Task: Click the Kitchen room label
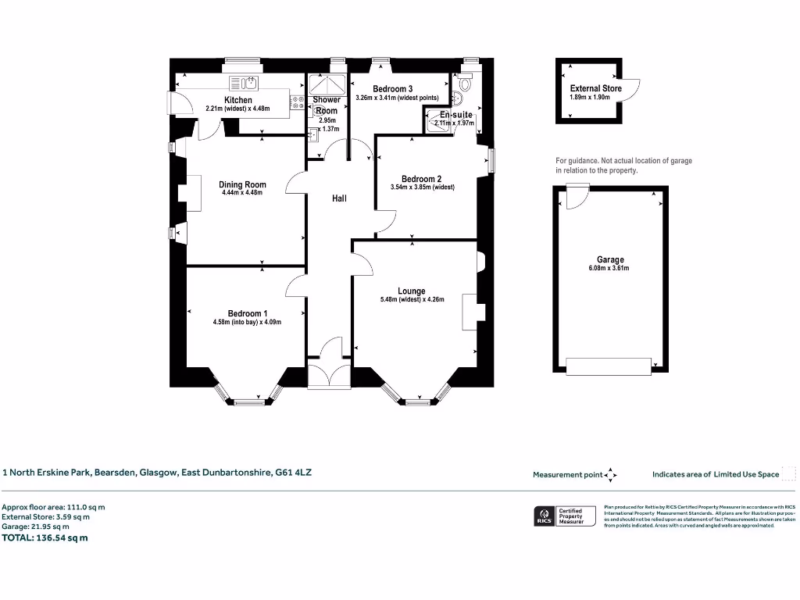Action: (x=238, y=100)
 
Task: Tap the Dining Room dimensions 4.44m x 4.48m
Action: (x=243, y=193)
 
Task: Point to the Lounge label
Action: (x=411, y=291)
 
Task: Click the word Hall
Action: (x=339, y=198)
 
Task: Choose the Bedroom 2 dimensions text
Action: (x=422, y=187)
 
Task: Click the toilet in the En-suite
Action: (x=466, y=84)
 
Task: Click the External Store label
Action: (x=595, y=89)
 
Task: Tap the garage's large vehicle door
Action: (x=609, y=365)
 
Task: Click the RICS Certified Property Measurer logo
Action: (x=563, y=516)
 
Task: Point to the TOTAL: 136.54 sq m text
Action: (x=45, y=537)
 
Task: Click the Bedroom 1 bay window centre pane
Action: (x=248, y=402)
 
